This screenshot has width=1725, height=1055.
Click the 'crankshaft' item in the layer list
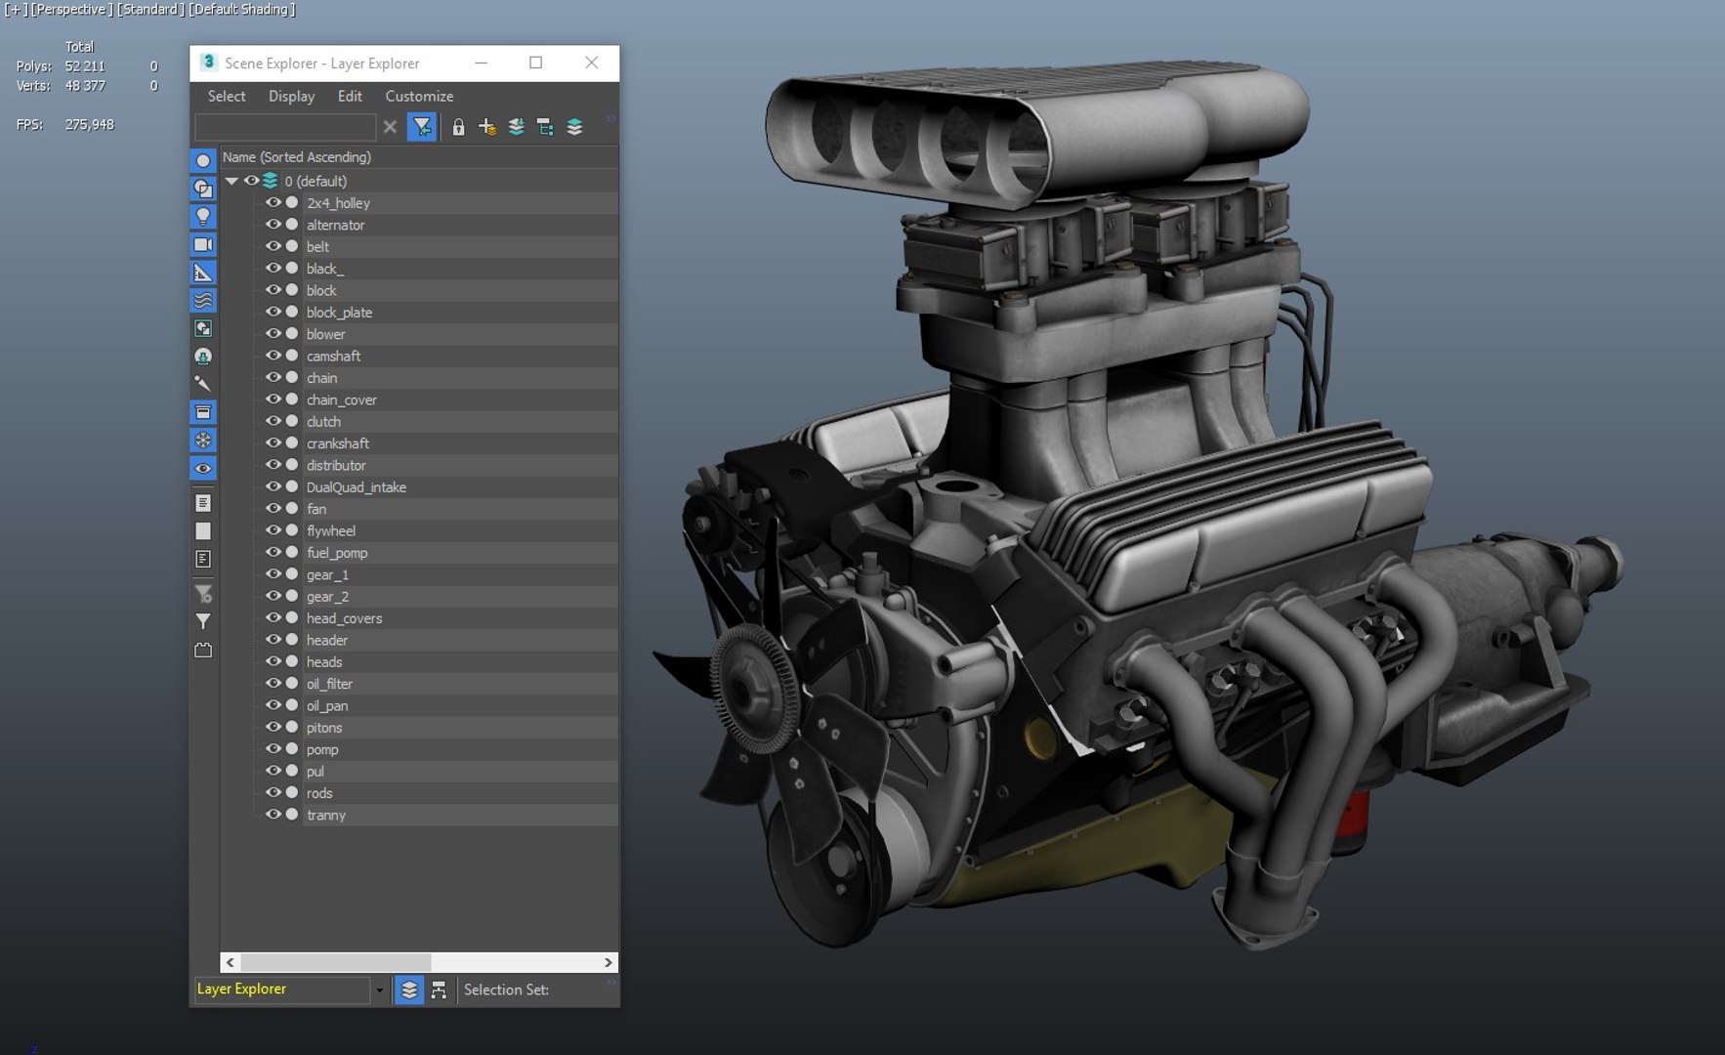click(338, 443)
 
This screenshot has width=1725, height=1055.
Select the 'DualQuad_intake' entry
click(357, 487)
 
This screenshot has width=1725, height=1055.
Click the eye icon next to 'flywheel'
click(273, 530)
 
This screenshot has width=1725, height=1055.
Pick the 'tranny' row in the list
click(326, 816)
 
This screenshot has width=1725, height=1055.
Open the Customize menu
click(419, 96)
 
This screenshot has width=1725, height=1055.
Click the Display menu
click(291, 96)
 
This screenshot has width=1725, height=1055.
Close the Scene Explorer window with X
click(591, 63)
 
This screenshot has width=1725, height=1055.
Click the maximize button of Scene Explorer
click(535, 63)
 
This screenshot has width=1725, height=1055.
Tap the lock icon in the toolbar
click(458, 127)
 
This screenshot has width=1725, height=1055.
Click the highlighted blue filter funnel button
click(422, 127)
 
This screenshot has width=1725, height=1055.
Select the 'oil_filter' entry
click(329, 684)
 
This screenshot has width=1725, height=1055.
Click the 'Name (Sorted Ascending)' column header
click(297, 157)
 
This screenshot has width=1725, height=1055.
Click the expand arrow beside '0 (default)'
click(232, 181)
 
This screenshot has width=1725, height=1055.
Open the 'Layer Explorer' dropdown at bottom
click(379, 990)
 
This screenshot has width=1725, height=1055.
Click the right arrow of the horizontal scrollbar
click(608, 962)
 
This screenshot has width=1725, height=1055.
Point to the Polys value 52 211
click(85, 66)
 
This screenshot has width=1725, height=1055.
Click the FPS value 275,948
click(89, 125)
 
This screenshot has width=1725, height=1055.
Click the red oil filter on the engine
click(1354, 821)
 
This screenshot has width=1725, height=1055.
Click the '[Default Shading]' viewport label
click(242, 10)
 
